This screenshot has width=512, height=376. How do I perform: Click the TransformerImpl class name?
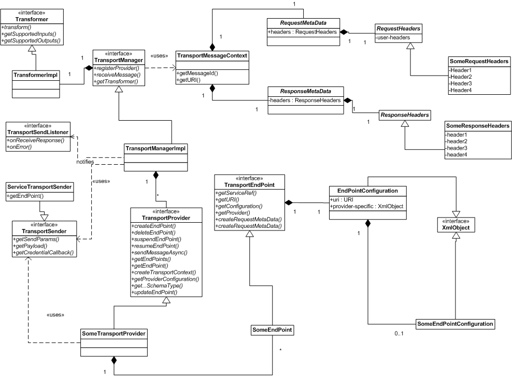click(36, 75)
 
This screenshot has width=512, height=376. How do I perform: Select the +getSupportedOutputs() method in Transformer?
click(31, 40)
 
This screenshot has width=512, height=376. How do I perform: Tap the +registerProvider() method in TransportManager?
click(117, 68)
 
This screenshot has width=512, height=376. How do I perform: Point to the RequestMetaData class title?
click(303, 23)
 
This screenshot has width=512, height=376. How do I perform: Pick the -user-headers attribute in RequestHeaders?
click(393, 37)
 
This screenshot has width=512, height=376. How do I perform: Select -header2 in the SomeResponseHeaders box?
click(456, 141)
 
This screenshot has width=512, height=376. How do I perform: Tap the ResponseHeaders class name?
click(405, 115)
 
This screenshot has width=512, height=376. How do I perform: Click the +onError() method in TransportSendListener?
click(19, 147)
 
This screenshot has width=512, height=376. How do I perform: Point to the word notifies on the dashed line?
click(85, 162)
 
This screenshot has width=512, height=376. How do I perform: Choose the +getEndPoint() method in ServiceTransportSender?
click(25, 196)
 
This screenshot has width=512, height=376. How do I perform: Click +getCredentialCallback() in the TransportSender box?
click(44, 253)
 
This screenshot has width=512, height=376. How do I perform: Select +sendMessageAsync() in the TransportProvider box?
click(159, 253)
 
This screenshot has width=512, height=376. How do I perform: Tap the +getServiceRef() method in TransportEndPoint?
click(236, 193)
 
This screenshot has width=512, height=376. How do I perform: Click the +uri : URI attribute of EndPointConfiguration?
click(342, 200)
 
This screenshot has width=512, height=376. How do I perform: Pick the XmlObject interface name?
click(456, 228)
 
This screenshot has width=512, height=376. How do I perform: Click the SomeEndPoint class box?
click(272, 330)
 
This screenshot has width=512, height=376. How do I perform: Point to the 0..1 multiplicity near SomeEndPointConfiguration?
click(399, 334)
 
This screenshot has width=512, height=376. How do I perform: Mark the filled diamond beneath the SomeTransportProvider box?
click(114, 360)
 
